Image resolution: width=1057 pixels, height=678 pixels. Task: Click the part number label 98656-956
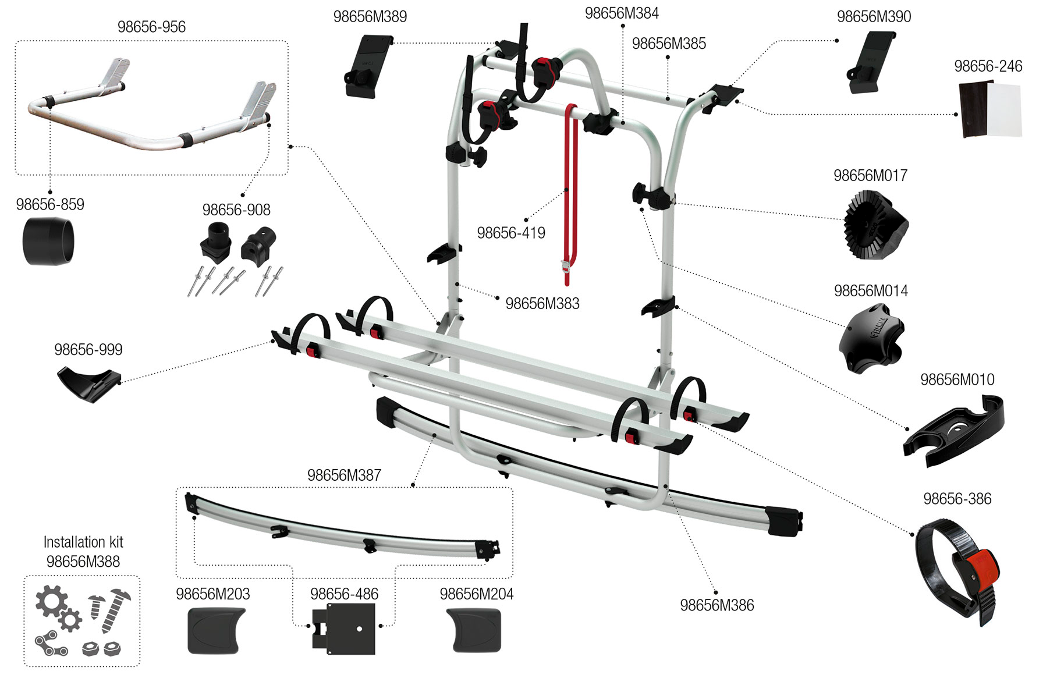(x=151, y=27)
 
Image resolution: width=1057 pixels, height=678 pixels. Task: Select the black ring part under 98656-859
(x=49, y=242)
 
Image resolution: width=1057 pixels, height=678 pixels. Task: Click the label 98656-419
(x=511, y=233)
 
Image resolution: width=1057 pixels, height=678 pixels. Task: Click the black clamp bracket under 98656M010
(x=954, y=429)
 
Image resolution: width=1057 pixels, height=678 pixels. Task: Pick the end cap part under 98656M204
(x=474, y=630)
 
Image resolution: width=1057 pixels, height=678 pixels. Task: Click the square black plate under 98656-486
(x=344, y=629)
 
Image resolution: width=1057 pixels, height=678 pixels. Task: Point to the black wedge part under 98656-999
(x=88, y=382)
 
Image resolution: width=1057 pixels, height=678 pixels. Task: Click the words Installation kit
(x=83, y=542)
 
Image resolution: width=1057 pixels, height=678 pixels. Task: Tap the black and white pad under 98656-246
(x=990, y=109)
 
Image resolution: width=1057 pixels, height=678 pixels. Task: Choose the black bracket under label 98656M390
(x=870, y=63)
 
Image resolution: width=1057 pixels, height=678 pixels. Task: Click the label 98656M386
(x=717, y=606)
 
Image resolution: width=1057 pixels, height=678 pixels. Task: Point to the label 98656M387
(x=344, y=475)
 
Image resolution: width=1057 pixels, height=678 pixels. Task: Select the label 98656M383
(x=542, y=304)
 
